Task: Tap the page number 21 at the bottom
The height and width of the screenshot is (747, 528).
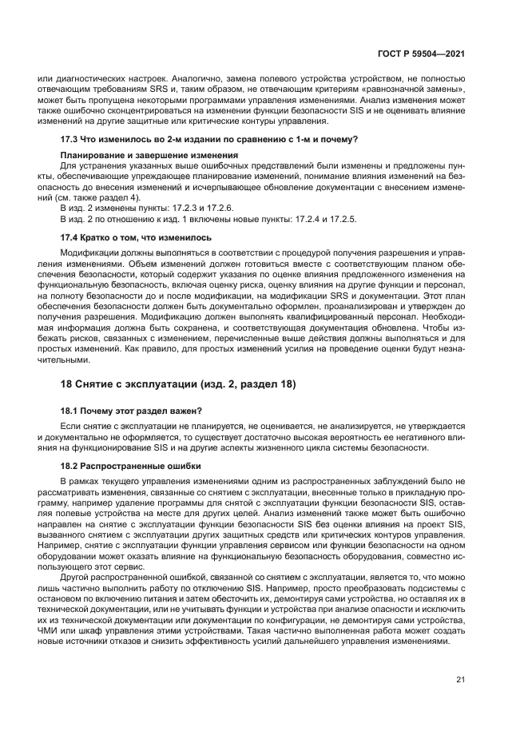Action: [x=460, y=680]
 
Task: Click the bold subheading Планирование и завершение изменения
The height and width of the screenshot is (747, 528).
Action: [x=137, y=154]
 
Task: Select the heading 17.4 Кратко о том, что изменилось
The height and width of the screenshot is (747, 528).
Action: [x=136, y=237]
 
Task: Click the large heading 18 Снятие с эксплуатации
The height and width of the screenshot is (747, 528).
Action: [x=178, y=384]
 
